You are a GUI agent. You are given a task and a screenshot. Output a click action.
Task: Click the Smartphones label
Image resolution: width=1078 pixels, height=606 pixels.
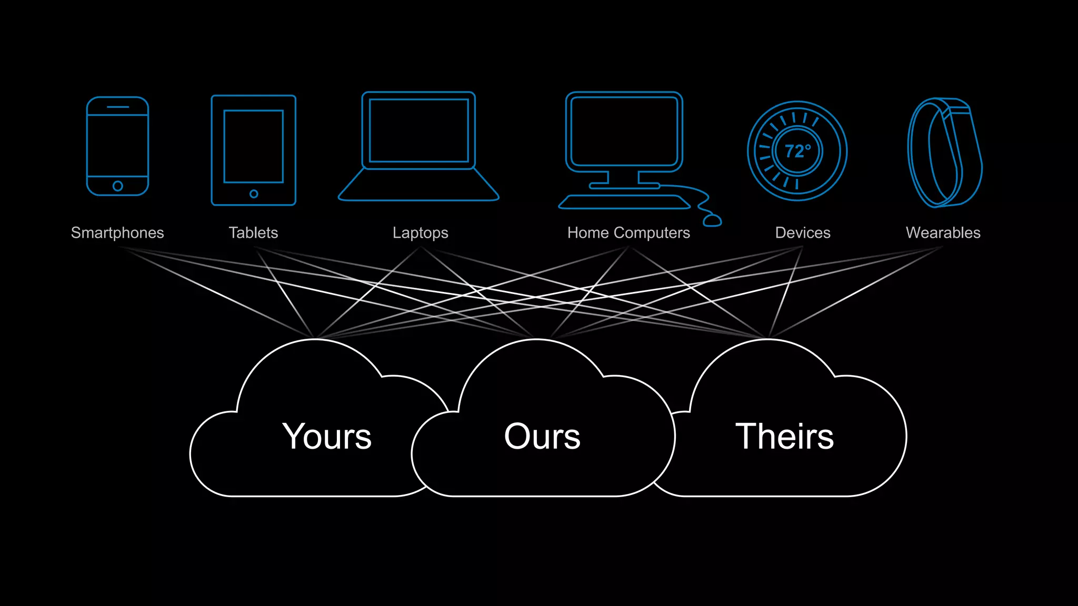(x=117, y=233)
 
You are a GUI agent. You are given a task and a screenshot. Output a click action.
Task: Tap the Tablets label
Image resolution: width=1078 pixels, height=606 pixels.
(x=253, y=233)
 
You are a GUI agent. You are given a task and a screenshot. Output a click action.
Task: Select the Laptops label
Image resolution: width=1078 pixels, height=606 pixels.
(x=420, y=233)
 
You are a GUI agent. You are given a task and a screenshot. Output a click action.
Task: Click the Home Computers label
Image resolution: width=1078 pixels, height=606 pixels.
(x=628, y=233)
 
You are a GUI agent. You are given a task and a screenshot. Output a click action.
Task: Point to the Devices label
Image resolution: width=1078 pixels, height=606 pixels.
(x=802, y=233)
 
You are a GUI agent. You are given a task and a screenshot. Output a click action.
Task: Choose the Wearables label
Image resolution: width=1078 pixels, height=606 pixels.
(x=943, y=233)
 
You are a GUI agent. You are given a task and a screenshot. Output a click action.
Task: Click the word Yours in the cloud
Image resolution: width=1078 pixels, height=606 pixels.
(x=327, y=437)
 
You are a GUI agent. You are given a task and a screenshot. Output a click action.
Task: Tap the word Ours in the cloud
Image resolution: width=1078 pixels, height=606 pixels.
(x=542, y=437)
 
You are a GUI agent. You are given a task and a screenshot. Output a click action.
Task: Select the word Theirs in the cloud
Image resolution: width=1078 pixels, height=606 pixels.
(x=784, y=437)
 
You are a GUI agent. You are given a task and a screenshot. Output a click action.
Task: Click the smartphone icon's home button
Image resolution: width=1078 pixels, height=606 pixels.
(x=117, y=186)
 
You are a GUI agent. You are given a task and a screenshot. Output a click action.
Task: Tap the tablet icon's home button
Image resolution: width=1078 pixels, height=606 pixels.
(x=254, y=194)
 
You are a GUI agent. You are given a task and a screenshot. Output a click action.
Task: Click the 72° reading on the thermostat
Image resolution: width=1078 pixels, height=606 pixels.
(x=797, y=151)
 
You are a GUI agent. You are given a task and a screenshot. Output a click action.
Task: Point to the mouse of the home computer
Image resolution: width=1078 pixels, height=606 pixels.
(x=712, y=220)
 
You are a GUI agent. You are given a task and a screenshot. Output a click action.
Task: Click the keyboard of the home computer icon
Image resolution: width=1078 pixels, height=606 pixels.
(x=624, y=202)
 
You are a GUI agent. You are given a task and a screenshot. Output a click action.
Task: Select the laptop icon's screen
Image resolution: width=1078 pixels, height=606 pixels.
(x=418, y=130)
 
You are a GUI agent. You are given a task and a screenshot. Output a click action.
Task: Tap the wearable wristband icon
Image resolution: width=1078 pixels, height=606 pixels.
(x=945, y=153)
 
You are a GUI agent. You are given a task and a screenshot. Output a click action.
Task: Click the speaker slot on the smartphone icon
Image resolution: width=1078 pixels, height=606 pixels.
(x=117, y=107)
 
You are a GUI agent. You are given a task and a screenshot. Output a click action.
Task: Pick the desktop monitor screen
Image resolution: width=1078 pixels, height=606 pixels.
(x=624, y=130)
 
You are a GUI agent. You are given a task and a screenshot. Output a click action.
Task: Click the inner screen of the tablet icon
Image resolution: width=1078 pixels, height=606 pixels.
(x=254, y=146)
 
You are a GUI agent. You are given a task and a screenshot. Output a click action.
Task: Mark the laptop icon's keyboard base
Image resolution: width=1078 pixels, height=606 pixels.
(x=418, y=186)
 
